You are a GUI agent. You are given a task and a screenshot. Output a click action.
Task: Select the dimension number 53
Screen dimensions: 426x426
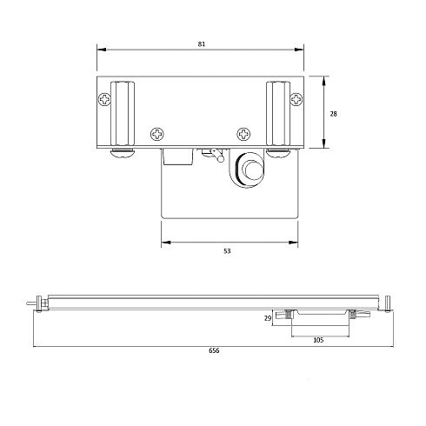(227, 250)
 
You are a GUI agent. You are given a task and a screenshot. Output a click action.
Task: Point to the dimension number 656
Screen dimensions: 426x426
(213, 351)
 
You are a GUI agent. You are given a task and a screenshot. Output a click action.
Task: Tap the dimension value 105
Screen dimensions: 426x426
(317, 340)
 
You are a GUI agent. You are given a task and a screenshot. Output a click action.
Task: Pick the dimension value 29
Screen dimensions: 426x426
(268, 319)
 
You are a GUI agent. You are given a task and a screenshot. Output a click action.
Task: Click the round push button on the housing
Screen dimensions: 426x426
(250, 167)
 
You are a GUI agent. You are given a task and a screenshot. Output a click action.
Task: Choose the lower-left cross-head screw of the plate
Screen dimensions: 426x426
(157, 135)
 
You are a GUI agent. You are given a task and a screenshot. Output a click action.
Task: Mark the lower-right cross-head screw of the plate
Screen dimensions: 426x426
(243, 135)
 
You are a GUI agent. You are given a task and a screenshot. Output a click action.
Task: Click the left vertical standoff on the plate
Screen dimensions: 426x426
(123, 113)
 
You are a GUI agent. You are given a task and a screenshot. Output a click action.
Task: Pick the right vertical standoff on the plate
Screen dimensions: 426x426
(278, 113)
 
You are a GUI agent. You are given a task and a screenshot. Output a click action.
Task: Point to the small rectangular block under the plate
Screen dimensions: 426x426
(177, 156)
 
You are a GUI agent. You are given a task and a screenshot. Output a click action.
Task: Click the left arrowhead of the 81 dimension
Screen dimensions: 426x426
(98, 49)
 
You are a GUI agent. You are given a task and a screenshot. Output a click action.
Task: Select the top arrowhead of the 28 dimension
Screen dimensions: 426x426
(324, 78)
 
